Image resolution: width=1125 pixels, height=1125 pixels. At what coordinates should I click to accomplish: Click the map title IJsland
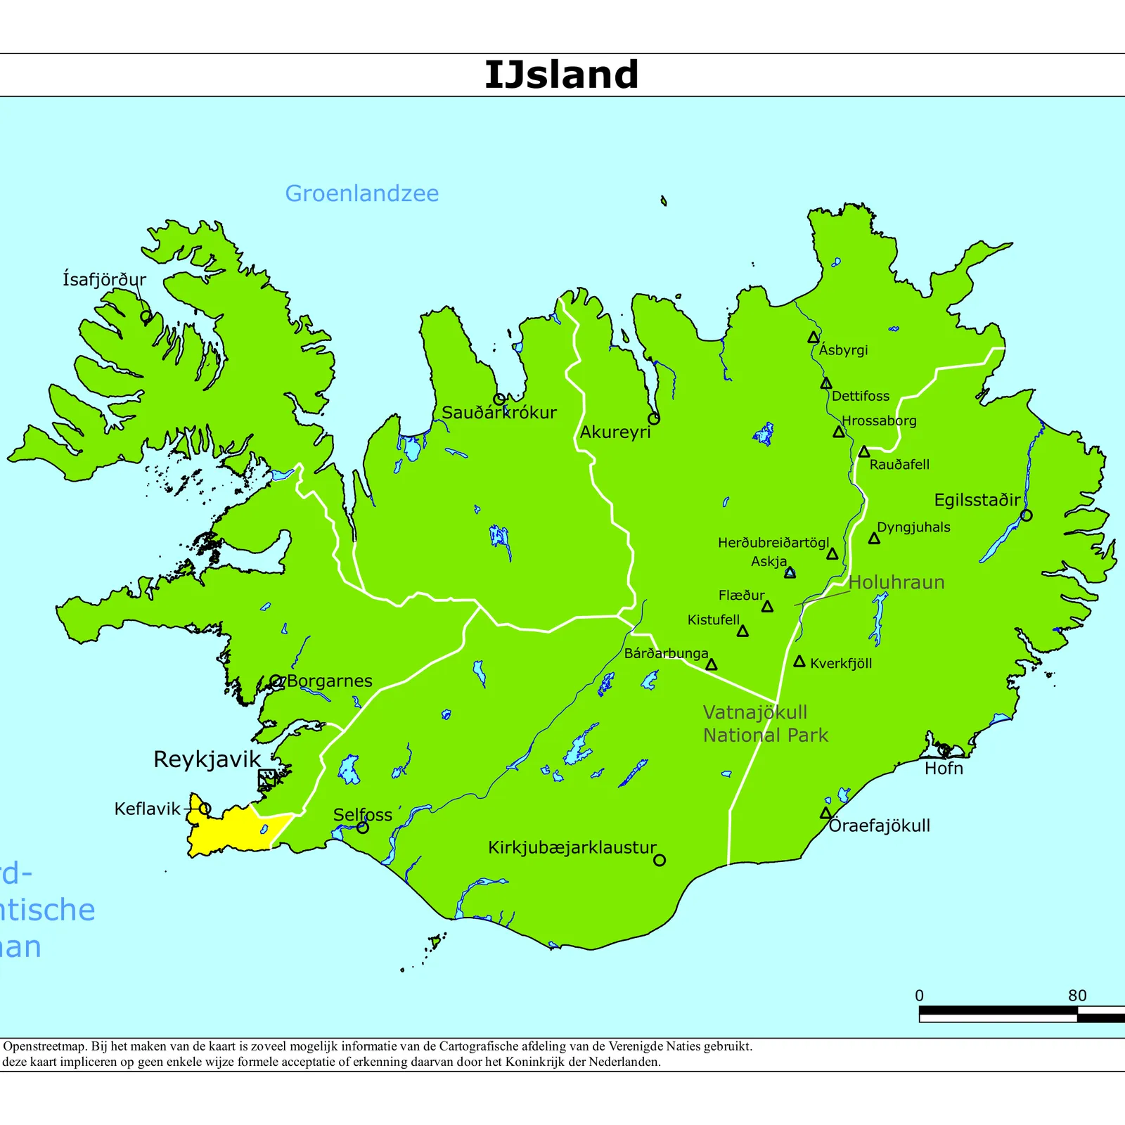(561, 75)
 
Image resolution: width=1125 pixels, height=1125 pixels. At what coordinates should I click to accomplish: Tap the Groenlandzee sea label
(361, 193)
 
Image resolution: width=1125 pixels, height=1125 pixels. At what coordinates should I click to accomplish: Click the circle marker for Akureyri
(653, 418)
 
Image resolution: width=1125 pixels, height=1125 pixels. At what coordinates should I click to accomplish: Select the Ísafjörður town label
(104, 279)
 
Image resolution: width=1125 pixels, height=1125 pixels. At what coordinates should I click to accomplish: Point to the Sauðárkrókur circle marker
(499, 399)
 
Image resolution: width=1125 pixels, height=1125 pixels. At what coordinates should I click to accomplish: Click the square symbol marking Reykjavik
(266, 778)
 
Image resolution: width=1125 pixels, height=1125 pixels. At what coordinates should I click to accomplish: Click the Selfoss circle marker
(363, 828)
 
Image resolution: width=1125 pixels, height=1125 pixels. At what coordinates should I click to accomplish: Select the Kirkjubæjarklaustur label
(572, 847)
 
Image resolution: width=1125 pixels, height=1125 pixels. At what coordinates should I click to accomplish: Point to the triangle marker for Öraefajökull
(825, 814)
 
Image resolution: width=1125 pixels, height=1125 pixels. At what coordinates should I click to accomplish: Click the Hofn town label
(944, 769)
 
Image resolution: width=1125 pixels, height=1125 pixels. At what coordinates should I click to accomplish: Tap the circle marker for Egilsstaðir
(1026, 515)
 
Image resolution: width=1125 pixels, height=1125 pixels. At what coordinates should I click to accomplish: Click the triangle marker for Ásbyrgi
(813, 337)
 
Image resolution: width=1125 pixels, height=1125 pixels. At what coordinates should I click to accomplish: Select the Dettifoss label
(860, 396)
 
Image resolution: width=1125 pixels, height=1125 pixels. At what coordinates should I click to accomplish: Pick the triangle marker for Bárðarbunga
(711, 664)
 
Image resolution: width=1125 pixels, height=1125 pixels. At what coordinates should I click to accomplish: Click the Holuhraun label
(896, 582)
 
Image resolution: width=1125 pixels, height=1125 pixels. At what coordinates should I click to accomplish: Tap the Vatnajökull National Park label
(765, 724)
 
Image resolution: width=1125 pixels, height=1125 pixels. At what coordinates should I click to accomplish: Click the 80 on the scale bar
(1076, 996)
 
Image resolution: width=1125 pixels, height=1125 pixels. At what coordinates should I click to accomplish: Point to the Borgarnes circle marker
(276, 681)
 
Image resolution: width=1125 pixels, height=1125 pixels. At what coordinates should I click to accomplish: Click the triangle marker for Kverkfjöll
(799, 662)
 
